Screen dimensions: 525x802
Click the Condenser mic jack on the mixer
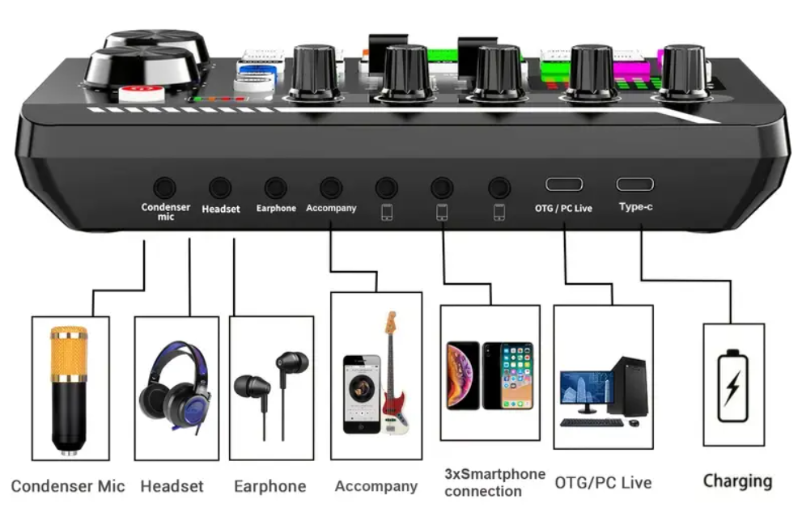165,187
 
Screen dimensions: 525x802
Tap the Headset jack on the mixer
220,188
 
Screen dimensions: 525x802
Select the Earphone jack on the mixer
275,188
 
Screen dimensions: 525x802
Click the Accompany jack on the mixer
330,188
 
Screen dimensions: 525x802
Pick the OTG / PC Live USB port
563,184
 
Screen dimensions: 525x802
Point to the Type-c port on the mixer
635,184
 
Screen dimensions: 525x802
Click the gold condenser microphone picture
69,388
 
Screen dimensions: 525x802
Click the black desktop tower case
629,387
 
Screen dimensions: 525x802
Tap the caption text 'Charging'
737,481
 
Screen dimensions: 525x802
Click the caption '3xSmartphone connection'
494,482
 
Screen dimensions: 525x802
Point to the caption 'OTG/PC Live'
603,483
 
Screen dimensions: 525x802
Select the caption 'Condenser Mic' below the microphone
68,486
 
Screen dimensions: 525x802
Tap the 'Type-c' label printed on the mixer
635,207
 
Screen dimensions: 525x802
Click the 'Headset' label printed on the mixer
221,209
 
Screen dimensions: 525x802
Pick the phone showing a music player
361,394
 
